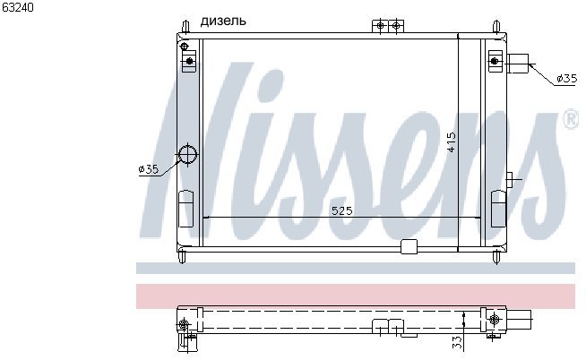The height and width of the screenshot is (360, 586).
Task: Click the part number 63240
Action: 18,7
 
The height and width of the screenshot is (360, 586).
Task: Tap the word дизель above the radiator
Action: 223,21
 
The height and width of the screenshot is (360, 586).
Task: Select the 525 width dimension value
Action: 342,211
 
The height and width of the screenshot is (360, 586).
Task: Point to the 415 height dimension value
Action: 452,141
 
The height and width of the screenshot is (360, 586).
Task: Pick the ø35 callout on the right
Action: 566,79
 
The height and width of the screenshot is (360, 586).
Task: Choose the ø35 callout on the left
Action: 149,169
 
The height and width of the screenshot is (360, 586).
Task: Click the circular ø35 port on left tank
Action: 187,154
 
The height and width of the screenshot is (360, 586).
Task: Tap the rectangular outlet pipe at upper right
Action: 518,64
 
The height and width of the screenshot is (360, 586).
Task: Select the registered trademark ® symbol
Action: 571,120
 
